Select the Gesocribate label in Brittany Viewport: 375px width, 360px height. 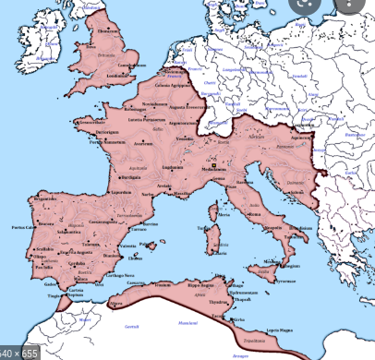[91, 122]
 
